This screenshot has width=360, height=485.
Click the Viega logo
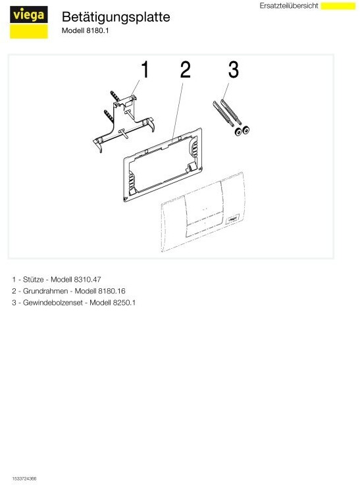tap(29, 22)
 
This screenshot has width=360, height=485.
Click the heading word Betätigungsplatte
tap(115, 17)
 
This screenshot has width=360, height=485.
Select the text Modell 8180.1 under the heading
tap(85, 30)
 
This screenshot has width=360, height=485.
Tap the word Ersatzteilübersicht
tap(289, 5)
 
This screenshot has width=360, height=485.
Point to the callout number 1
tap(145, 69)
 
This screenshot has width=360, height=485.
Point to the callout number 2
tap(185, 69)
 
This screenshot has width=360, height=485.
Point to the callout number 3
tap(232, 69)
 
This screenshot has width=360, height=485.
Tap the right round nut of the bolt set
tap(246, 131)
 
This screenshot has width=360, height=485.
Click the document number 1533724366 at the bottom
tap(24, 478)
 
